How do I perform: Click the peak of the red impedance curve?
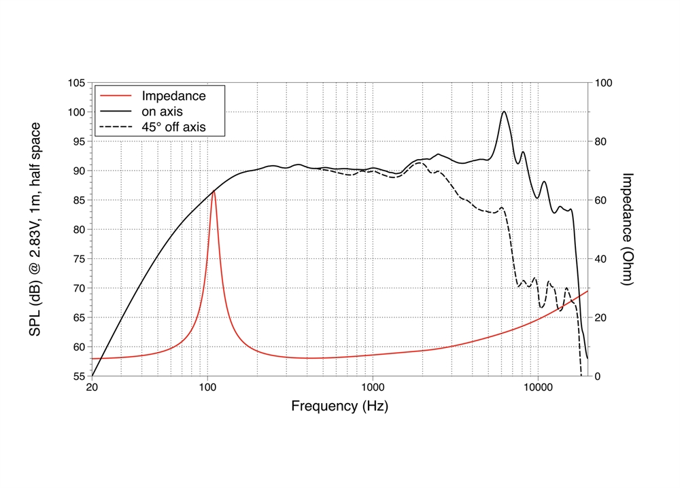click(214, 191)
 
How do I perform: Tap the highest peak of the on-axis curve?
click(504, 111)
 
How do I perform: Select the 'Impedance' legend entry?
click(173, 96)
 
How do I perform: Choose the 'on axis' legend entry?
click(162, 111)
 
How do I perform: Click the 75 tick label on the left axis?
click(78, 259)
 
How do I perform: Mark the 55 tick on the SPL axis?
click(78, 376)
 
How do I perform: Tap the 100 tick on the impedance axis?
click(604, 83)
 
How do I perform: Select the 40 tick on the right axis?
click(601, 259)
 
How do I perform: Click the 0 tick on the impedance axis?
click(598, 376)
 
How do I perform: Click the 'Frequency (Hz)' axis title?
click(340, 406)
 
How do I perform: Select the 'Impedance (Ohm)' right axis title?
click(628, 229)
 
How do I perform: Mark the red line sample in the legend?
click(116, 96)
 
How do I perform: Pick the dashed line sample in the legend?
click(116, 126)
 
